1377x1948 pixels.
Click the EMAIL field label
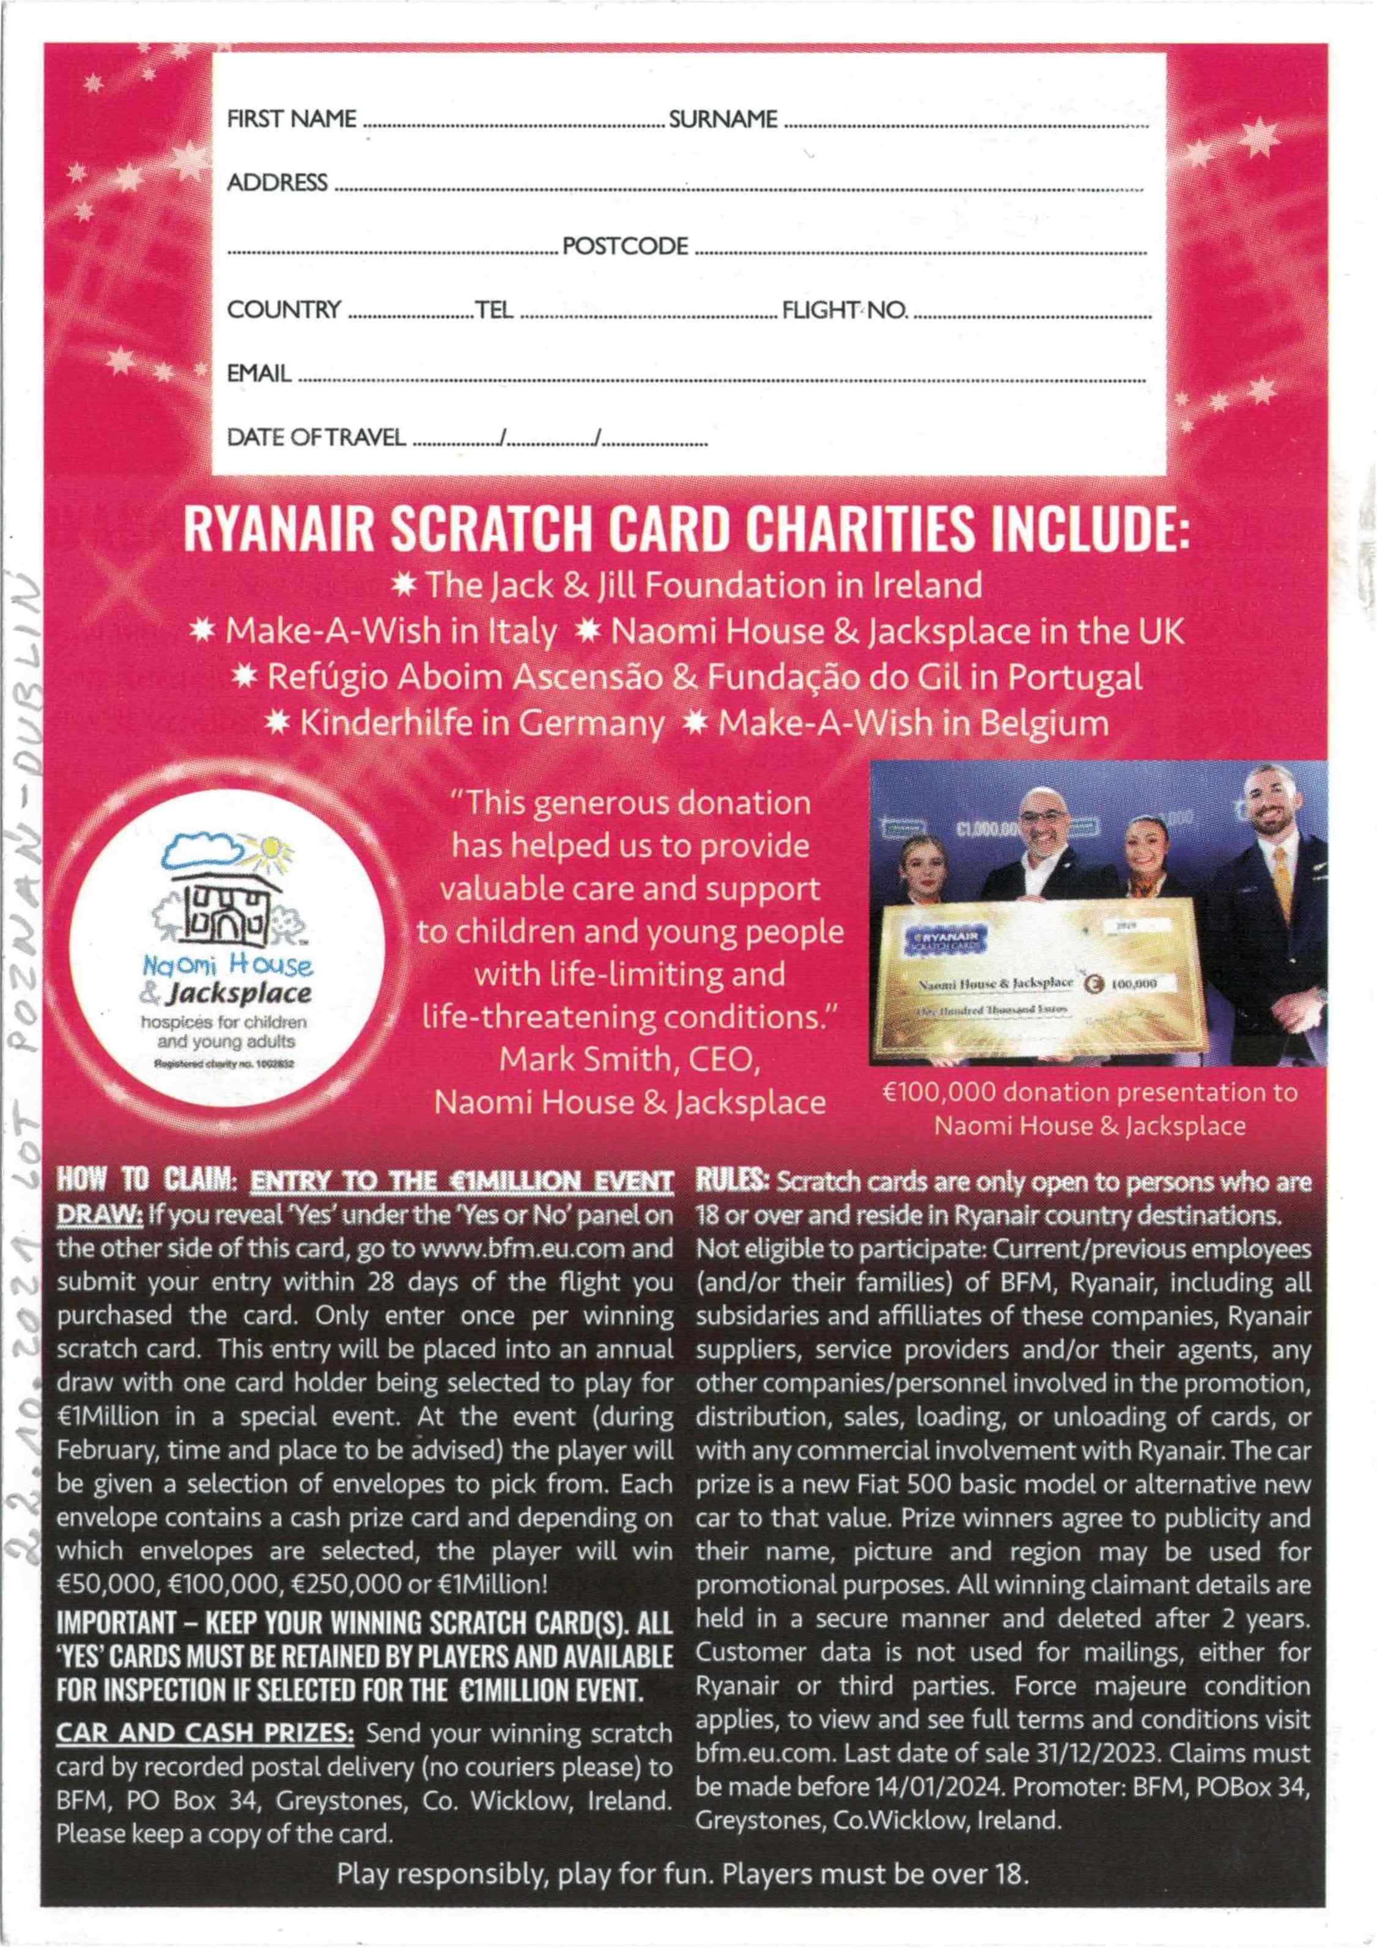coord(259,373)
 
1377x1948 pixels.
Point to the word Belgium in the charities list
coord(1044,723)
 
